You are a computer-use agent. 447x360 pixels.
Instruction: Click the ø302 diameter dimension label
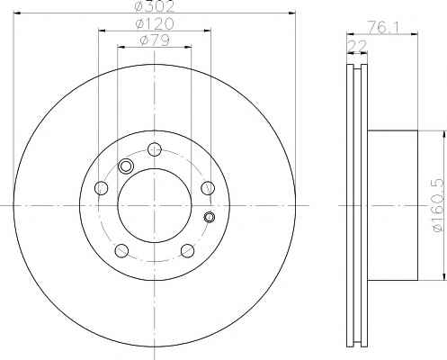click(x=155, y=6)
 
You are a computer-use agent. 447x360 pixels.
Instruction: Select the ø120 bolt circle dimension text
click(x=155, y=23)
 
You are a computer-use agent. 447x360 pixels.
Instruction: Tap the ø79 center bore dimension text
click(x=155, y=40)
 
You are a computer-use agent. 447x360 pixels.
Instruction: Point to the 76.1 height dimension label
click(x=383, y=28)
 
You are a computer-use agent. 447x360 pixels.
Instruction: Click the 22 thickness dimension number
click(x=357, y=46)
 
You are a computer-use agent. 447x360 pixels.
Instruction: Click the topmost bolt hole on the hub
click(x=155, y=149)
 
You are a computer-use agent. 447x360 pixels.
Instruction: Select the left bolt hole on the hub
click(x=101, y=188)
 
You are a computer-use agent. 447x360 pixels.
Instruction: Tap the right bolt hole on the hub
click(x=208, y=188)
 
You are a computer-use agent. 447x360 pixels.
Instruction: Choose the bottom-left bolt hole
click(x=121, y=251)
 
